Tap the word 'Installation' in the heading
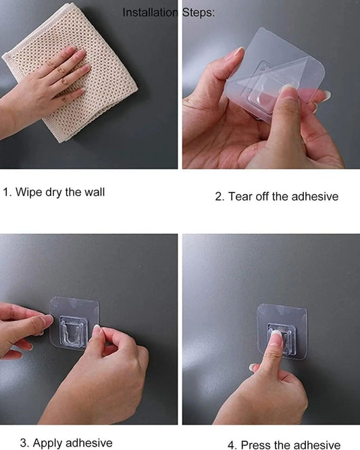pyautogui.click(x=150, y=13)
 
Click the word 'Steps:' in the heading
pyautogui.click(x=199, y=13)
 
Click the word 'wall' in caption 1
pyautogui.click(x=95, y=192)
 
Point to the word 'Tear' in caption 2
pyautogui.click(x=240, y=197)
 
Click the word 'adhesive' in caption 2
pyautogui.click(x=315, y=197)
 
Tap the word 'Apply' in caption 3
pyautogui.click(x=47, y=443)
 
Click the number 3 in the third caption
pyautogui.click(x=24, y=443)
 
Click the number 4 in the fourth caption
pyautogui.click(x=232, y=445)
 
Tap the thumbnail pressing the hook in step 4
pyautogui.click(x=276, y=336)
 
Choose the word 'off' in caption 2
pyautogui.click(x=263, y=197)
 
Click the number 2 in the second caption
pyautogui.click(x=219, y=197)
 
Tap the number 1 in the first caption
pyautogui.click(x=7, y=193)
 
